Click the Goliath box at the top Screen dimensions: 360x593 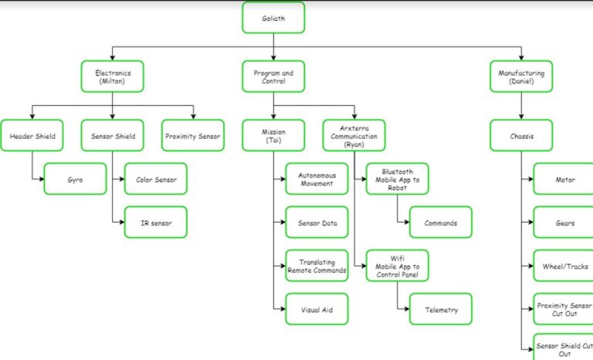click(x=273, y=17)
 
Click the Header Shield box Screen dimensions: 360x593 click(x=32, y=136)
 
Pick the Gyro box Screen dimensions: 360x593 click(x=75, y=179)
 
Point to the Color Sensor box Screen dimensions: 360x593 click(x=155, y=179)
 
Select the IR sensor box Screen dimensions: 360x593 click(x=155, y=222)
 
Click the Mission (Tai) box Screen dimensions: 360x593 click(x=273, y=136)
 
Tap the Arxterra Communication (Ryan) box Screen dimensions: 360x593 click(x=354, y=136)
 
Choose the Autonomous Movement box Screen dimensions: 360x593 click(x=317, y=179)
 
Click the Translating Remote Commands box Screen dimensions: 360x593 click(x=317, y=266)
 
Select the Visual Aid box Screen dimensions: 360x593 click(x=317, y=310)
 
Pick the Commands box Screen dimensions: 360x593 click(x=440, y=222)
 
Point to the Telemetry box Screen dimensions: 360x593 click(x=440, y=310)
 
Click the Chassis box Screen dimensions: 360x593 click(x=522, y=136)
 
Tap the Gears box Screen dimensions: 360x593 click(x=564, y=222)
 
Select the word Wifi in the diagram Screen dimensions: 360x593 click(x=397, y=257)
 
